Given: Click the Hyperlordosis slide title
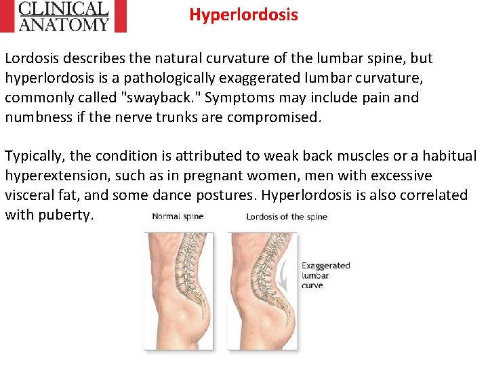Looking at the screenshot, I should pyautogui.click(x=243, y=14).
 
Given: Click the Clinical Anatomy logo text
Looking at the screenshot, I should pyautogui.click(x=64, y=16).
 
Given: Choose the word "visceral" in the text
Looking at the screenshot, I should pyautogui.click(x=32, y=195).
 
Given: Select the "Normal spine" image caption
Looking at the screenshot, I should pyautogui.click(x=178, y=217).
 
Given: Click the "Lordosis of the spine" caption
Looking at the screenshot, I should pyautogui.click(x=286, y=217).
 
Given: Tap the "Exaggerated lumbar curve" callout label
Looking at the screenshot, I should pyautogui.click(x=325, y=275).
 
